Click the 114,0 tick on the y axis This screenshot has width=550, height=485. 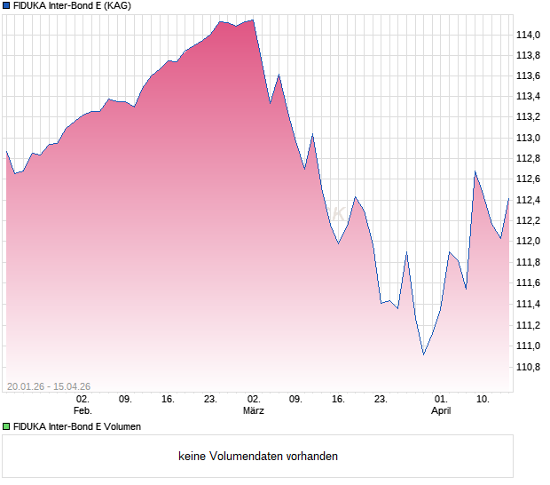528,35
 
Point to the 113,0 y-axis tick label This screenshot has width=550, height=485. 528,138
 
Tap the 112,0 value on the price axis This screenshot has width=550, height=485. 528,242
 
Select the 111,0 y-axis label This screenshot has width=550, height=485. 528,346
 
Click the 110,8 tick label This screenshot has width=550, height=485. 528,366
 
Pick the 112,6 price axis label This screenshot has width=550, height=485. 528,179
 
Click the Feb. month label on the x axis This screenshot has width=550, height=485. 82,410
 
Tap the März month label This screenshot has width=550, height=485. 254,410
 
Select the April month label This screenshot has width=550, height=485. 441,410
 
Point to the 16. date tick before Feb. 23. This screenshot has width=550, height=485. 168,399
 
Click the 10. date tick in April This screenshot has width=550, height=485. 483,399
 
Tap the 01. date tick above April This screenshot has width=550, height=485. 441,399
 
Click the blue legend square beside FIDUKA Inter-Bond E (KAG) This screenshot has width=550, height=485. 6,6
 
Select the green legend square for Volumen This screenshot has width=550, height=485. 6,426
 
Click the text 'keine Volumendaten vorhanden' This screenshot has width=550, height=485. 258,457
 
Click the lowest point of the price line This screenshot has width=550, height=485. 424,354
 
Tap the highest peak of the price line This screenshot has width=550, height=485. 253,20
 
